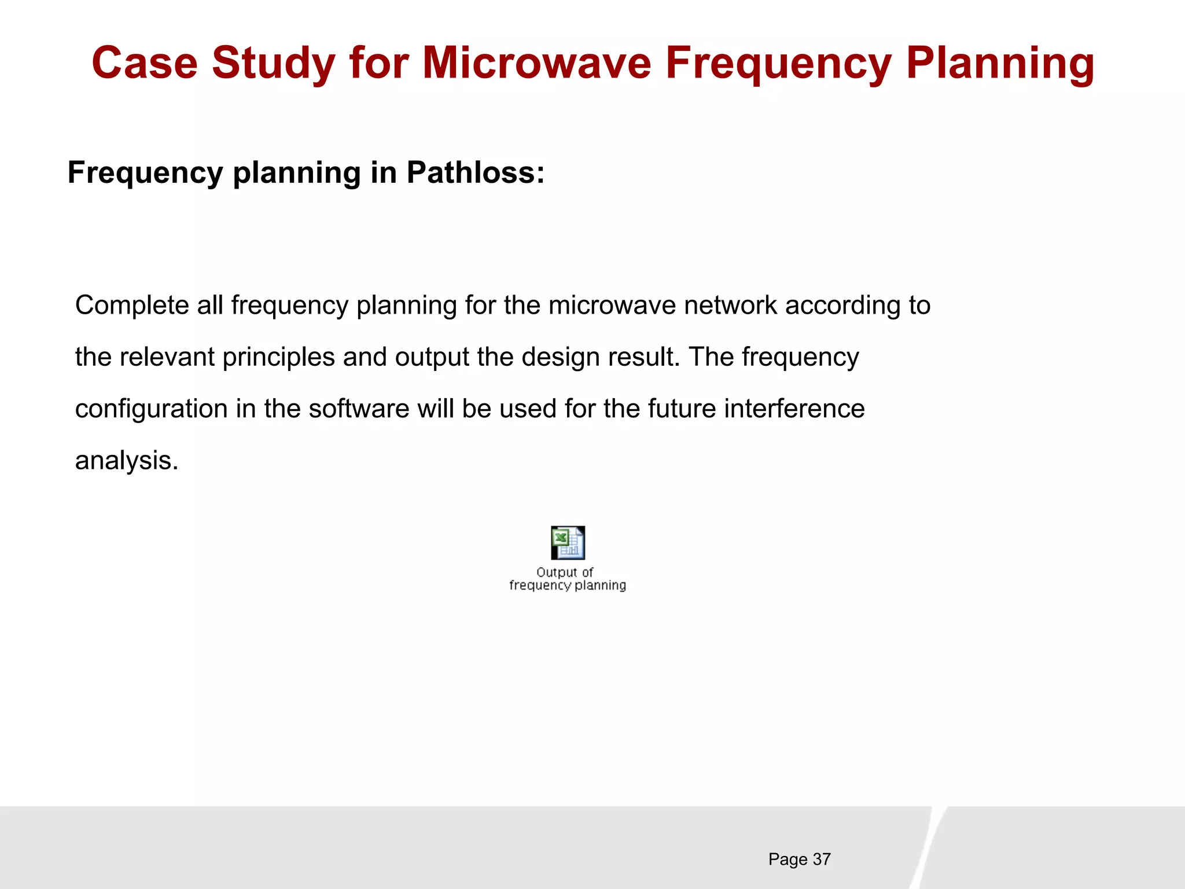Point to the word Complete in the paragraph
coord(131,305)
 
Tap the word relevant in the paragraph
coord(167,357)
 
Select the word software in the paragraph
coord(359,409)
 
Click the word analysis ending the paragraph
coord(126,461)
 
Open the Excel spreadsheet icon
coord(568,542)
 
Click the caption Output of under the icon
coord(565,572)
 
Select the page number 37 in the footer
coord(822,859)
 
